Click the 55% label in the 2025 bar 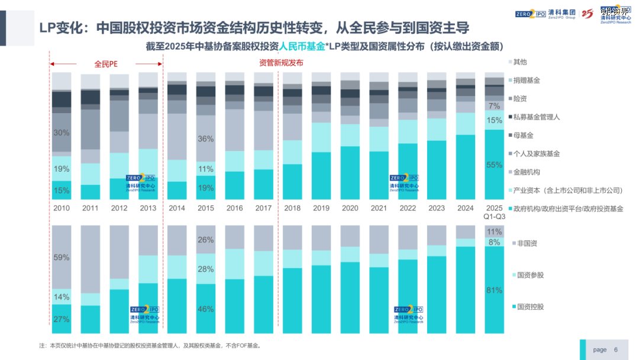click(494, 165)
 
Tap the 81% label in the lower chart click(494, 291)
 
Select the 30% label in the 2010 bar click(62, 133)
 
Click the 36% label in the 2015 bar click(205, 139)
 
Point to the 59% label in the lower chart click(62, 258)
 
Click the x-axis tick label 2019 click(321, 208)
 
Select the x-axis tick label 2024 click(466, 208)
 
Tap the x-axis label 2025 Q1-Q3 click(495, 212)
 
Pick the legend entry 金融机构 click(527, 172)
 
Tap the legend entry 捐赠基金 click(527, 80)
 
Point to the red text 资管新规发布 click(281, 63)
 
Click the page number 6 click(615, 350)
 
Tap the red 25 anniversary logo click(587, 14)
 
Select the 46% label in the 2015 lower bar click(205, 309)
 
